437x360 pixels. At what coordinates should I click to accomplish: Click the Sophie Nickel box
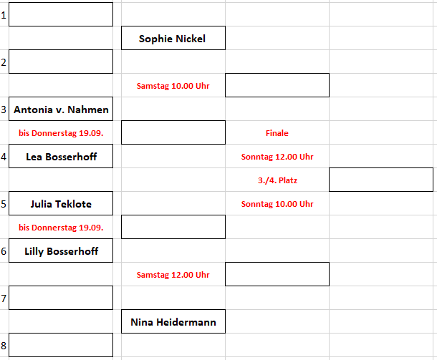[173, 39]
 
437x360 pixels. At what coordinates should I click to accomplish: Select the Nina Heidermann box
[173, 322]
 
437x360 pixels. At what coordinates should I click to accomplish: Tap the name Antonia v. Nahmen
[61, 110]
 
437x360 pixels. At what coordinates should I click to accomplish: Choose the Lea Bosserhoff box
[61, 157]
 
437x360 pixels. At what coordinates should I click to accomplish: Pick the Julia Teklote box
[61, 204]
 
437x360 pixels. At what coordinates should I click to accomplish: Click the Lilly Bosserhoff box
[61, 251]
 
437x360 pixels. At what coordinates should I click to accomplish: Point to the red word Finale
[277, 133]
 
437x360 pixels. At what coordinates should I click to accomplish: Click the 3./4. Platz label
[277, 180]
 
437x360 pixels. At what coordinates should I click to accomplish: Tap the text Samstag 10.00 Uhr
[173, 86]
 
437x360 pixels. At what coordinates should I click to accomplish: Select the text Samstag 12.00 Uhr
[173, 275]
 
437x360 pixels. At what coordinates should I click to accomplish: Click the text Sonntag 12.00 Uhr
[277, 157]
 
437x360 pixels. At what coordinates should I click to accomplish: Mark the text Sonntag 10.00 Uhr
[277, 204]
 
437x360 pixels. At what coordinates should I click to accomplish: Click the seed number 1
[4, 15]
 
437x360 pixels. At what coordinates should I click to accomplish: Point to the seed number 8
[4, 346]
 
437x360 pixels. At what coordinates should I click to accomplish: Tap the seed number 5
[4, 204]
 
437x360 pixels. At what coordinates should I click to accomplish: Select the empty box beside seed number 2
[61, 62]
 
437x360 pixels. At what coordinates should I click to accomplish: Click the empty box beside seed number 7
[61, 298]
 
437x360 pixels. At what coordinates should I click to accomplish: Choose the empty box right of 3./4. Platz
[380, 180]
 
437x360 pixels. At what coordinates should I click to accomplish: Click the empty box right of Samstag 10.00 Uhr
[277, 85]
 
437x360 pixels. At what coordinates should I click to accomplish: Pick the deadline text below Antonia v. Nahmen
[61, 133]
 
